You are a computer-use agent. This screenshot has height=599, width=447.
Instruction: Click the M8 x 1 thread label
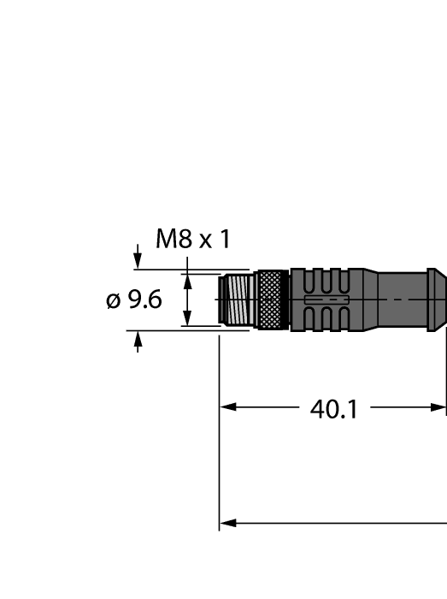click(192, 240)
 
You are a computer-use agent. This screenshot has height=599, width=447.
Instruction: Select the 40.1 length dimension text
click(332, 409)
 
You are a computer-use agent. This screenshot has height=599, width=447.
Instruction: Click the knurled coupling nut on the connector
click(273, 299)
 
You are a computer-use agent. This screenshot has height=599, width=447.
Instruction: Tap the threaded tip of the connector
click(238, 299)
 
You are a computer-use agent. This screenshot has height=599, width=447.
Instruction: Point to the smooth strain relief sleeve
click(402, 299)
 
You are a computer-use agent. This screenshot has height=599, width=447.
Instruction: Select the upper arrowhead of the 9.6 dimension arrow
click(187, 278)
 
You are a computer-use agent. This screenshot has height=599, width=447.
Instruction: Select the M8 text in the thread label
click(174, 240)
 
